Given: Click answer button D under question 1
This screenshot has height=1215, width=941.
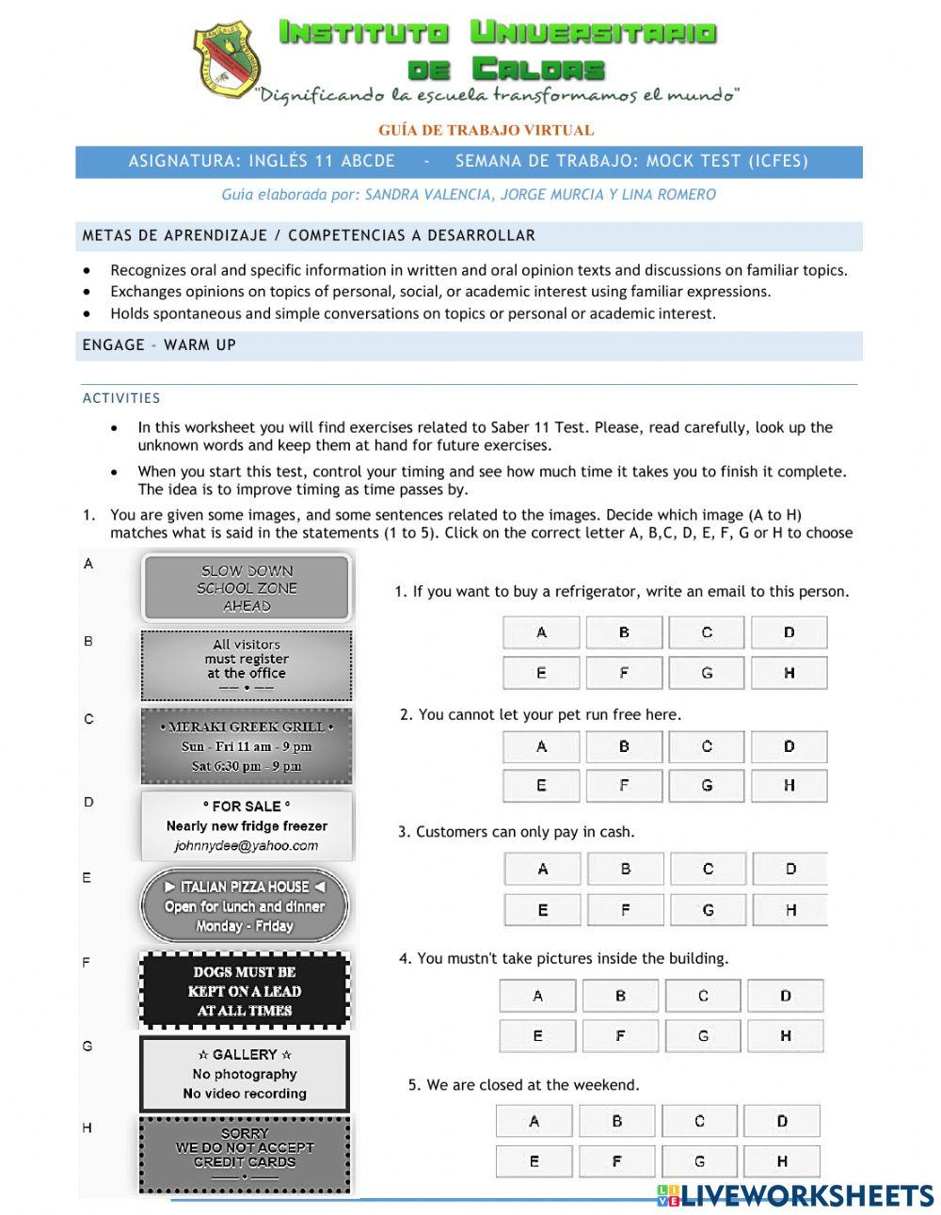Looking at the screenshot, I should tap(789, 632).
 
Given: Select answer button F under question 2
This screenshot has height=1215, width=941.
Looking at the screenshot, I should tap(623, 786).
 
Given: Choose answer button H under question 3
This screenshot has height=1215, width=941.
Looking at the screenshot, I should tap(789, 910).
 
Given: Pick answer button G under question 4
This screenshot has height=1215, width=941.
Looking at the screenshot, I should tap(702, 1036).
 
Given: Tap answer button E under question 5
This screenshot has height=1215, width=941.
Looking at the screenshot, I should tap(534, 1161).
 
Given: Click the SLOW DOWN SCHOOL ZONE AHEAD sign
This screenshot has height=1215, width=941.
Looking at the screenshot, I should tap(247, 588).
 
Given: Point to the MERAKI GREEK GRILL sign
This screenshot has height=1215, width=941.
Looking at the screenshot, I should tap(247, 746).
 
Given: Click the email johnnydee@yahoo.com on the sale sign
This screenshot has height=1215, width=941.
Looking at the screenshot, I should tap(247, 846).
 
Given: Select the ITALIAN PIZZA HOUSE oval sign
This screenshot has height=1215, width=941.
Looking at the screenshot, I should tap(245, 906).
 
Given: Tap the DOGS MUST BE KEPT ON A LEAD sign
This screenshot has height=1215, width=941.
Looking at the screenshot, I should tap(245, 991).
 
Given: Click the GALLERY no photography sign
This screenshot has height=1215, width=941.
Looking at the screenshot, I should tap(245, 1074).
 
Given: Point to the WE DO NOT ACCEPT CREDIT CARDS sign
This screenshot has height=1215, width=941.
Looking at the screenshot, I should tap(245, 1154).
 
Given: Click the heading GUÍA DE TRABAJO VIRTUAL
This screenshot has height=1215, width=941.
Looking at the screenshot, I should tap(486, 130).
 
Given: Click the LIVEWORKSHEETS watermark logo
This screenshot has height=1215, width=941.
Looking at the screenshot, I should tap(795, 1195).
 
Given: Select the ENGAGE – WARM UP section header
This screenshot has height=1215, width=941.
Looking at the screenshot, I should tap(159, 345).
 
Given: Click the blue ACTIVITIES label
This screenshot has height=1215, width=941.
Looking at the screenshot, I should tap(121, 398).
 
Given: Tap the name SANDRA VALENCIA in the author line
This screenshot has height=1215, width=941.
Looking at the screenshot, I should tap(427, 195).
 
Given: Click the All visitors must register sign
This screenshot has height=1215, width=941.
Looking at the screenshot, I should tap(247, 665).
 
